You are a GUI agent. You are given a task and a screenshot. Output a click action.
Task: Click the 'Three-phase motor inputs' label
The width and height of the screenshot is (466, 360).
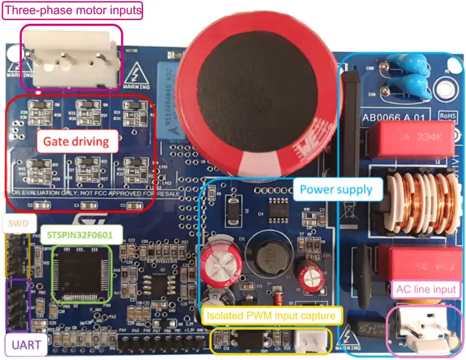pos(72,10)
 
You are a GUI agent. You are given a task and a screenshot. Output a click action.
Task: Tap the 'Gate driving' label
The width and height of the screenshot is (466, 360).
pos(75,142)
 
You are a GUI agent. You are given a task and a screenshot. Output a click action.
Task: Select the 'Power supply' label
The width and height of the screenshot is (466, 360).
pos(335,190)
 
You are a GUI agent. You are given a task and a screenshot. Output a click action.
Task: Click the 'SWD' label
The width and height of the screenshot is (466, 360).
pos(15,224)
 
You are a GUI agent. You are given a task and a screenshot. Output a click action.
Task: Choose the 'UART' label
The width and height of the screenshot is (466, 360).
pos(23,344)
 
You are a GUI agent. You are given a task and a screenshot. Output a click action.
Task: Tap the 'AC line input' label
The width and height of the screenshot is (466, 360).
pos(427,289)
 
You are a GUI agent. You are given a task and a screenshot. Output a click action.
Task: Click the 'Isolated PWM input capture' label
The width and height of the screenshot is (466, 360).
pos(273,315)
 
